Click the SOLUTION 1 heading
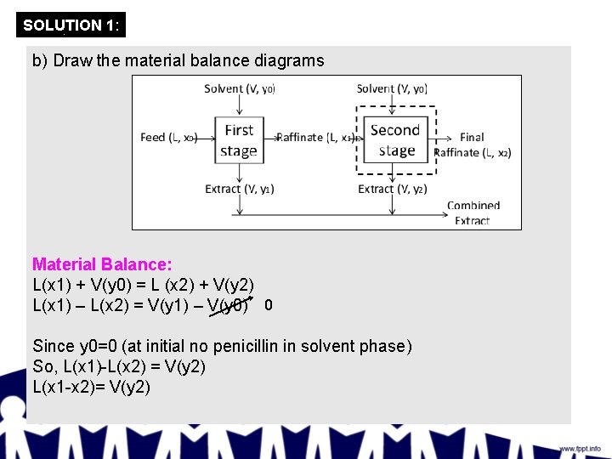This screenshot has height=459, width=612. point(71,25)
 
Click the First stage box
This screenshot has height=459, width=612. point(239,140)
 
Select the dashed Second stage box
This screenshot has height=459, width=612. point(395,140)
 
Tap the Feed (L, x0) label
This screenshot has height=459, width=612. point(168,138)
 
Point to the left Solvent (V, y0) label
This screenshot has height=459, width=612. point(239,88)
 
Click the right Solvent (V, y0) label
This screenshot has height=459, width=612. point(392,88)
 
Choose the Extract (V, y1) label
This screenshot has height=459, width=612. point(239,189)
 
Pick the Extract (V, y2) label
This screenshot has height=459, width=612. point(392,189)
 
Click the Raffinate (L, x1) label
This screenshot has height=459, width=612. point(318,138)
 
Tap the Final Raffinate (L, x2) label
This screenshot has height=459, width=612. point(473,144)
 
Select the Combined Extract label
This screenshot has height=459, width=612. point(473,212)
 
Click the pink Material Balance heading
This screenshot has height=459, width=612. point(102,264)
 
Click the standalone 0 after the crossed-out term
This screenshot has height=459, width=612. point(268,304)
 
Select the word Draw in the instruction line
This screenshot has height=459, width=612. point(71,60)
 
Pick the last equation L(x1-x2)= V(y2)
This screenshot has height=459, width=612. point(91,388)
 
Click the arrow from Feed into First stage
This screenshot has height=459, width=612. point(207,138)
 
